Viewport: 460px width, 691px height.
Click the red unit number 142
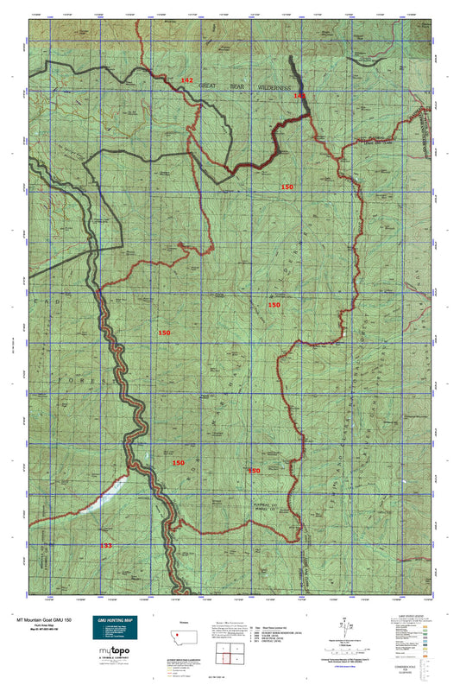pyautogui.click(x=186, y=79)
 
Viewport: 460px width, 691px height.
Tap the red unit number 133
pyautogui.click(x=105, y=546)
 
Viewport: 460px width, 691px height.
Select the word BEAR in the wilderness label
pyautogui.click(x=234, y=86)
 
